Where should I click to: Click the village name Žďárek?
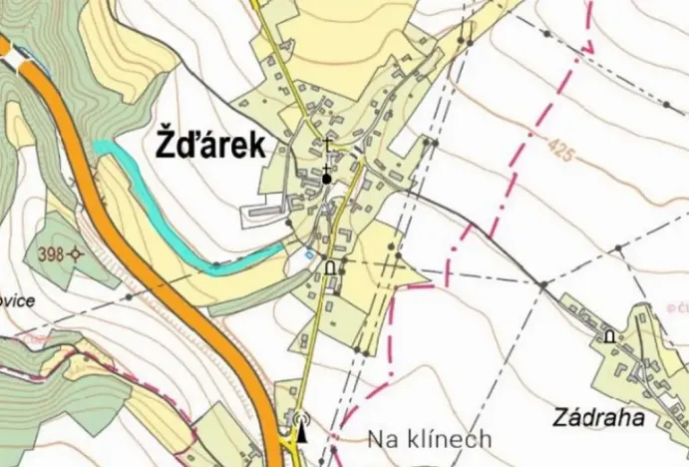click(211, 146)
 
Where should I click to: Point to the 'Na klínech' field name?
click(429, 438)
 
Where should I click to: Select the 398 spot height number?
click(52, 254)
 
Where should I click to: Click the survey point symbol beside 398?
click(76, 254)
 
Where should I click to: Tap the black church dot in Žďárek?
click(326, 179)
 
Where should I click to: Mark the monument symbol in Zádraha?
click(609, 336)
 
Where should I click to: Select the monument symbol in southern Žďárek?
click(331, 267)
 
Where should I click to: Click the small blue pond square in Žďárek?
click(309, 254)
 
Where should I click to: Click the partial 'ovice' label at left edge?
click(18, 300)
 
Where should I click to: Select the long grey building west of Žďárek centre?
click(264, 211)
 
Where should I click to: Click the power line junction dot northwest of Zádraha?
click(542, 285)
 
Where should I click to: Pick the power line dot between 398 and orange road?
click(129, 296)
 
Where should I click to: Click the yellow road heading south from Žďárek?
click(311, 339)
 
